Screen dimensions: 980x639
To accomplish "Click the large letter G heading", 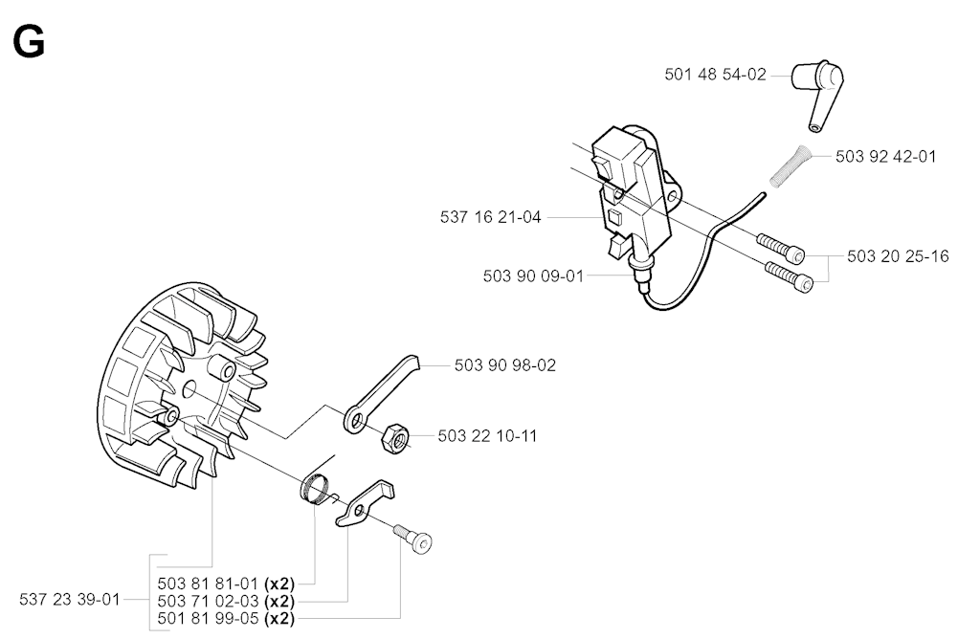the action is tap(29, 43).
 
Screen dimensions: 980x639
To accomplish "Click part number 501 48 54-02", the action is tap(715, 75).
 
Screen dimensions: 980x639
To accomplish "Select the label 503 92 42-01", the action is tap(885, 156).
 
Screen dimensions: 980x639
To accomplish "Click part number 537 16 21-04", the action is tap(491, 217).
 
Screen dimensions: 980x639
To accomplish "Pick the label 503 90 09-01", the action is tap(533, 275).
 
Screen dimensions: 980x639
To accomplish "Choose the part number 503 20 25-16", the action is tap(898, 256).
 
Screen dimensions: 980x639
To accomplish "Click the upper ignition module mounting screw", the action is tap(780, 248).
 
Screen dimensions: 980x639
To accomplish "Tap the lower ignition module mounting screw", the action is tap(790, 275).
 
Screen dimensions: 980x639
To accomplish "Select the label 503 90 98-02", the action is tap(505, 364).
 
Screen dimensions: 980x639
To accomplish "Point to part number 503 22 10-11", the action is tap(487, 435).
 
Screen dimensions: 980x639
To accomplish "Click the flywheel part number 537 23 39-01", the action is tap(69, 600).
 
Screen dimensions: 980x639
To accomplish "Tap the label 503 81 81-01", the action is tap(208, 584).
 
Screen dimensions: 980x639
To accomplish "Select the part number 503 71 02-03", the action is tap(208, 601).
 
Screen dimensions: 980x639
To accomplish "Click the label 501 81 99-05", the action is tap(208, 618).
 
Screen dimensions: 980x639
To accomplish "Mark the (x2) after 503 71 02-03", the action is tap(279, 601).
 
